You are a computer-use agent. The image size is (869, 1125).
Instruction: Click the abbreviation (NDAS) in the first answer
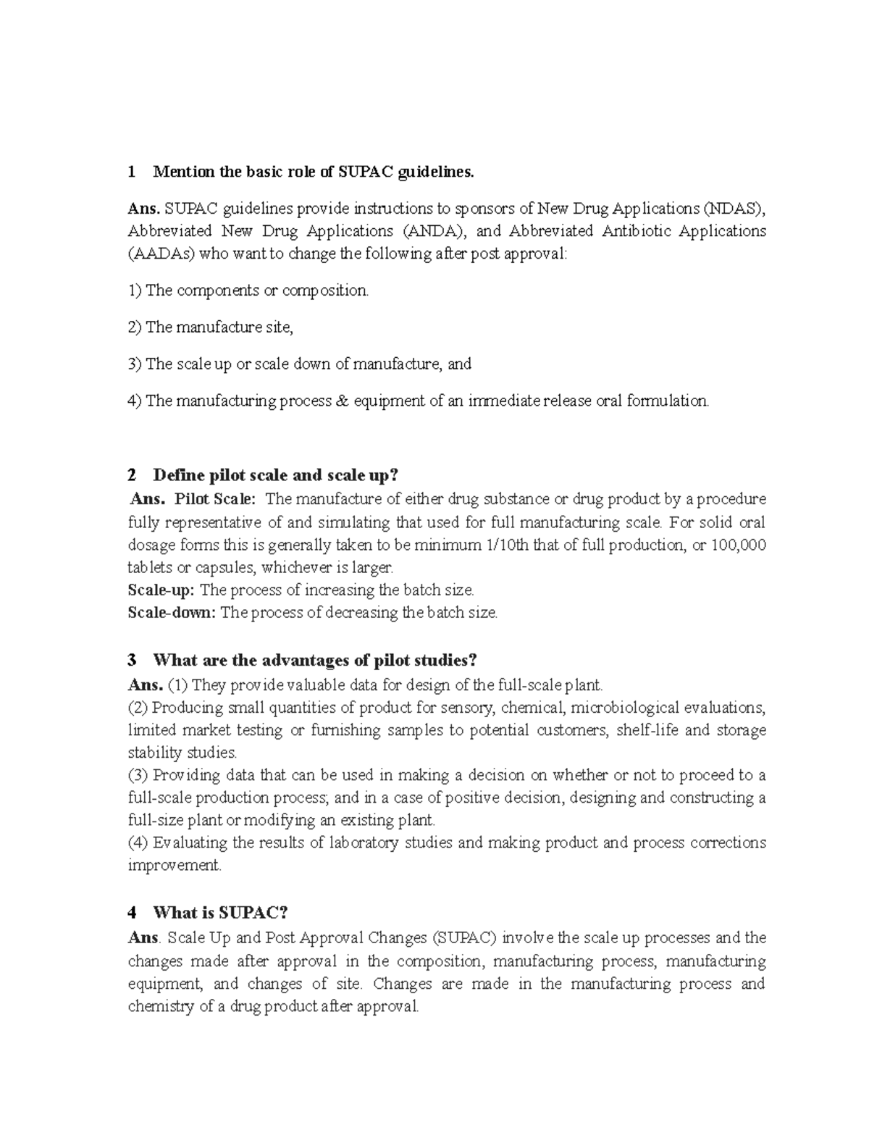[x=734, y=209]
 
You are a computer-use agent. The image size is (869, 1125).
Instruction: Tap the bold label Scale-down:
[x=172, y=612]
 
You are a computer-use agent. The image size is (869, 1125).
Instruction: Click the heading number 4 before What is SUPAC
[x=132, y=913]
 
